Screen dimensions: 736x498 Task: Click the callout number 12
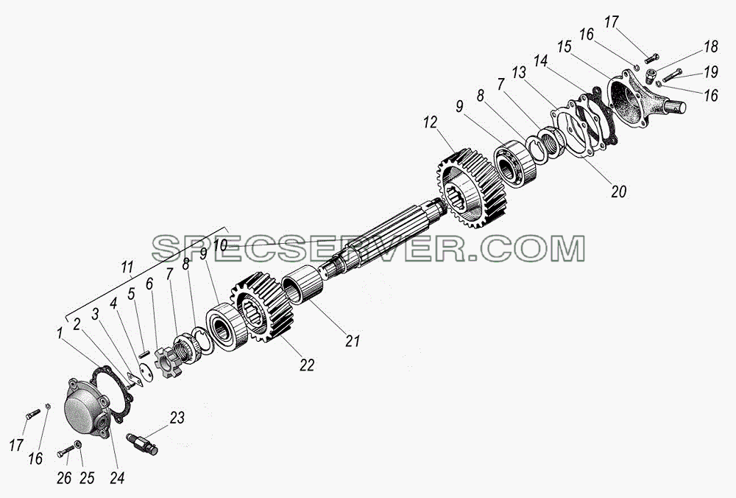(x=430, y=122)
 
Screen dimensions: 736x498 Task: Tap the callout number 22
(x=307, y=365)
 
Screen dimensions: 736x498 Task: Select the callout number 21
(x=352, y=340)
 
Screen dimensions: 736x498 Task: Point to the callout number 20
(x=619, y=192)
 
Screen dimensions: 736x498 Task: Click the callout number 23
(x=177, y=417)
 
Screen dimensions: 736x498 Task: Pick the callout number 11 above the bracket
(x=127, y=268)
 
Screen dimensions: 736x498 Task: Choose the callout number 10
(x=220, y=245)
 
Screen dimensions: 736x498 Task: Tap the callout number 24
(x=117, y=478)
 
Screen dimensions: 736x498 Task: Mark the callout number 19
(x=711, y=72)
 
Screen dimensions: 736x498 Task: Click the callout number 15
(x=565, y=46)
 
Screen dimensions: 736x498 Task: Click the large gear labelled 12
(x=471, y=188)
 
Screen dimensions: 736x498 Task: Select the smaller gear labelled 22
(x=261, y=306)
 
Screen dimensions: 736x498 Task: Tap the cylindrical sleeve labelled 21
(x=302, y=284)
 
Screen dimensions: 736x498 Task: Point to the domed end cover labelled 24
(x=90, y=407)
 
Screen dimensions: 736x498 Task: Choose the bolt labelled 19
(x=672, y=76)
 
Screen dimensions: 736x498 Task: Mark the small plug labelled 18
(x=651, y=76)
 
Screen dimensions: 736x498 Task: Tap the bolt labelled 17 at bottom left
(x=32, y=414)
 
